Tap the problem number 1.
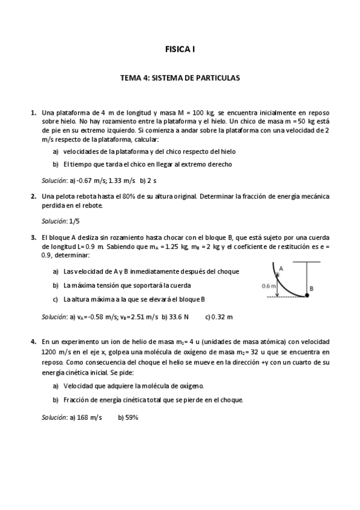tap(32, 112)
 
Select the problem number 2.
tap(32, 196)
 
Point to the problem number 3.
tap(32, 238)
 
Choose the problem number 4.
tap(32, 342)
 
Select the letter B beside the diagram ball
tap(311, 289)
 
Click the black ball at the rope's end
tap(306, 295)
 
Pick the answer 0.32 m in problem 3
tap(222, 316)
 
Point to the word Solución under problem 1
tap(54, 180)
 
